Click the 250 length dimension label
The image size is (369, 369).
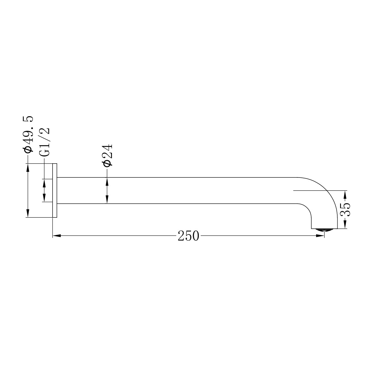188,236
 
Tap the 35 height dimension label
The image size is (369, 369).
346,210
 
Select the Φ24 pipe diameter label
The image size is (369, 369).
107,155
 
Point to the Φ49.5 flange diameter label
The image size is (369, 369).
28,134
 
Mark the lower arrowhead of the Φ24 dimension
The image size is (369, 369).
107,200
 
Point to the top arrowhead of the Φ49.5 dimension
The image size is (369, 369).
28,167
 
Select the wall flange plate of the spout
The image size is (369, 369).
55,190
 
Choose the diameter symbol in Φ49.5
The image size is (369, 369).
28,149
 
